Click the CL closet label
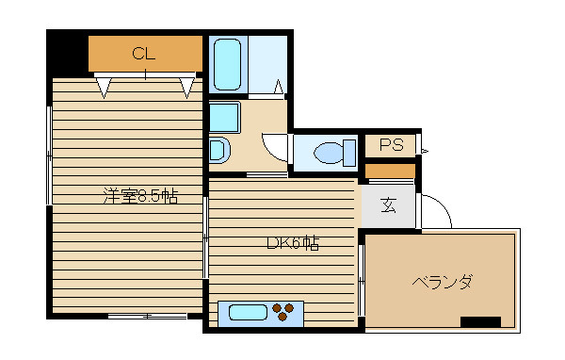[143, 53]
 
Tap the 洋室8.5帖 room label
[140, 197]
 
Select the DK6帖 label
[292, 242]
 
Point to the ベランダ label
[441, 282]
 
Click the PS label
[391, 145]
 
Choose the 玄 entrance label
[388, 206]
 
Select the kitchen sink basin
[243, 311]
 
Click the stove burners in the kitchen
[285, 311]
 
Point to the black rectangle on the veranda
[480, 321]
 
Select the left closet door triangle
[104, 88]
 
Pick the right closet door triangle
[187, 88]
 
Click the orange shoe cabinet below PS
[390, 172]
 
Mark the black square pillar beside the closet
[67, 52]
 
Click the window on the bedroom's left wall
[49, 155]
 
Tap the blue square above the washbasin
[224, 118]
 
